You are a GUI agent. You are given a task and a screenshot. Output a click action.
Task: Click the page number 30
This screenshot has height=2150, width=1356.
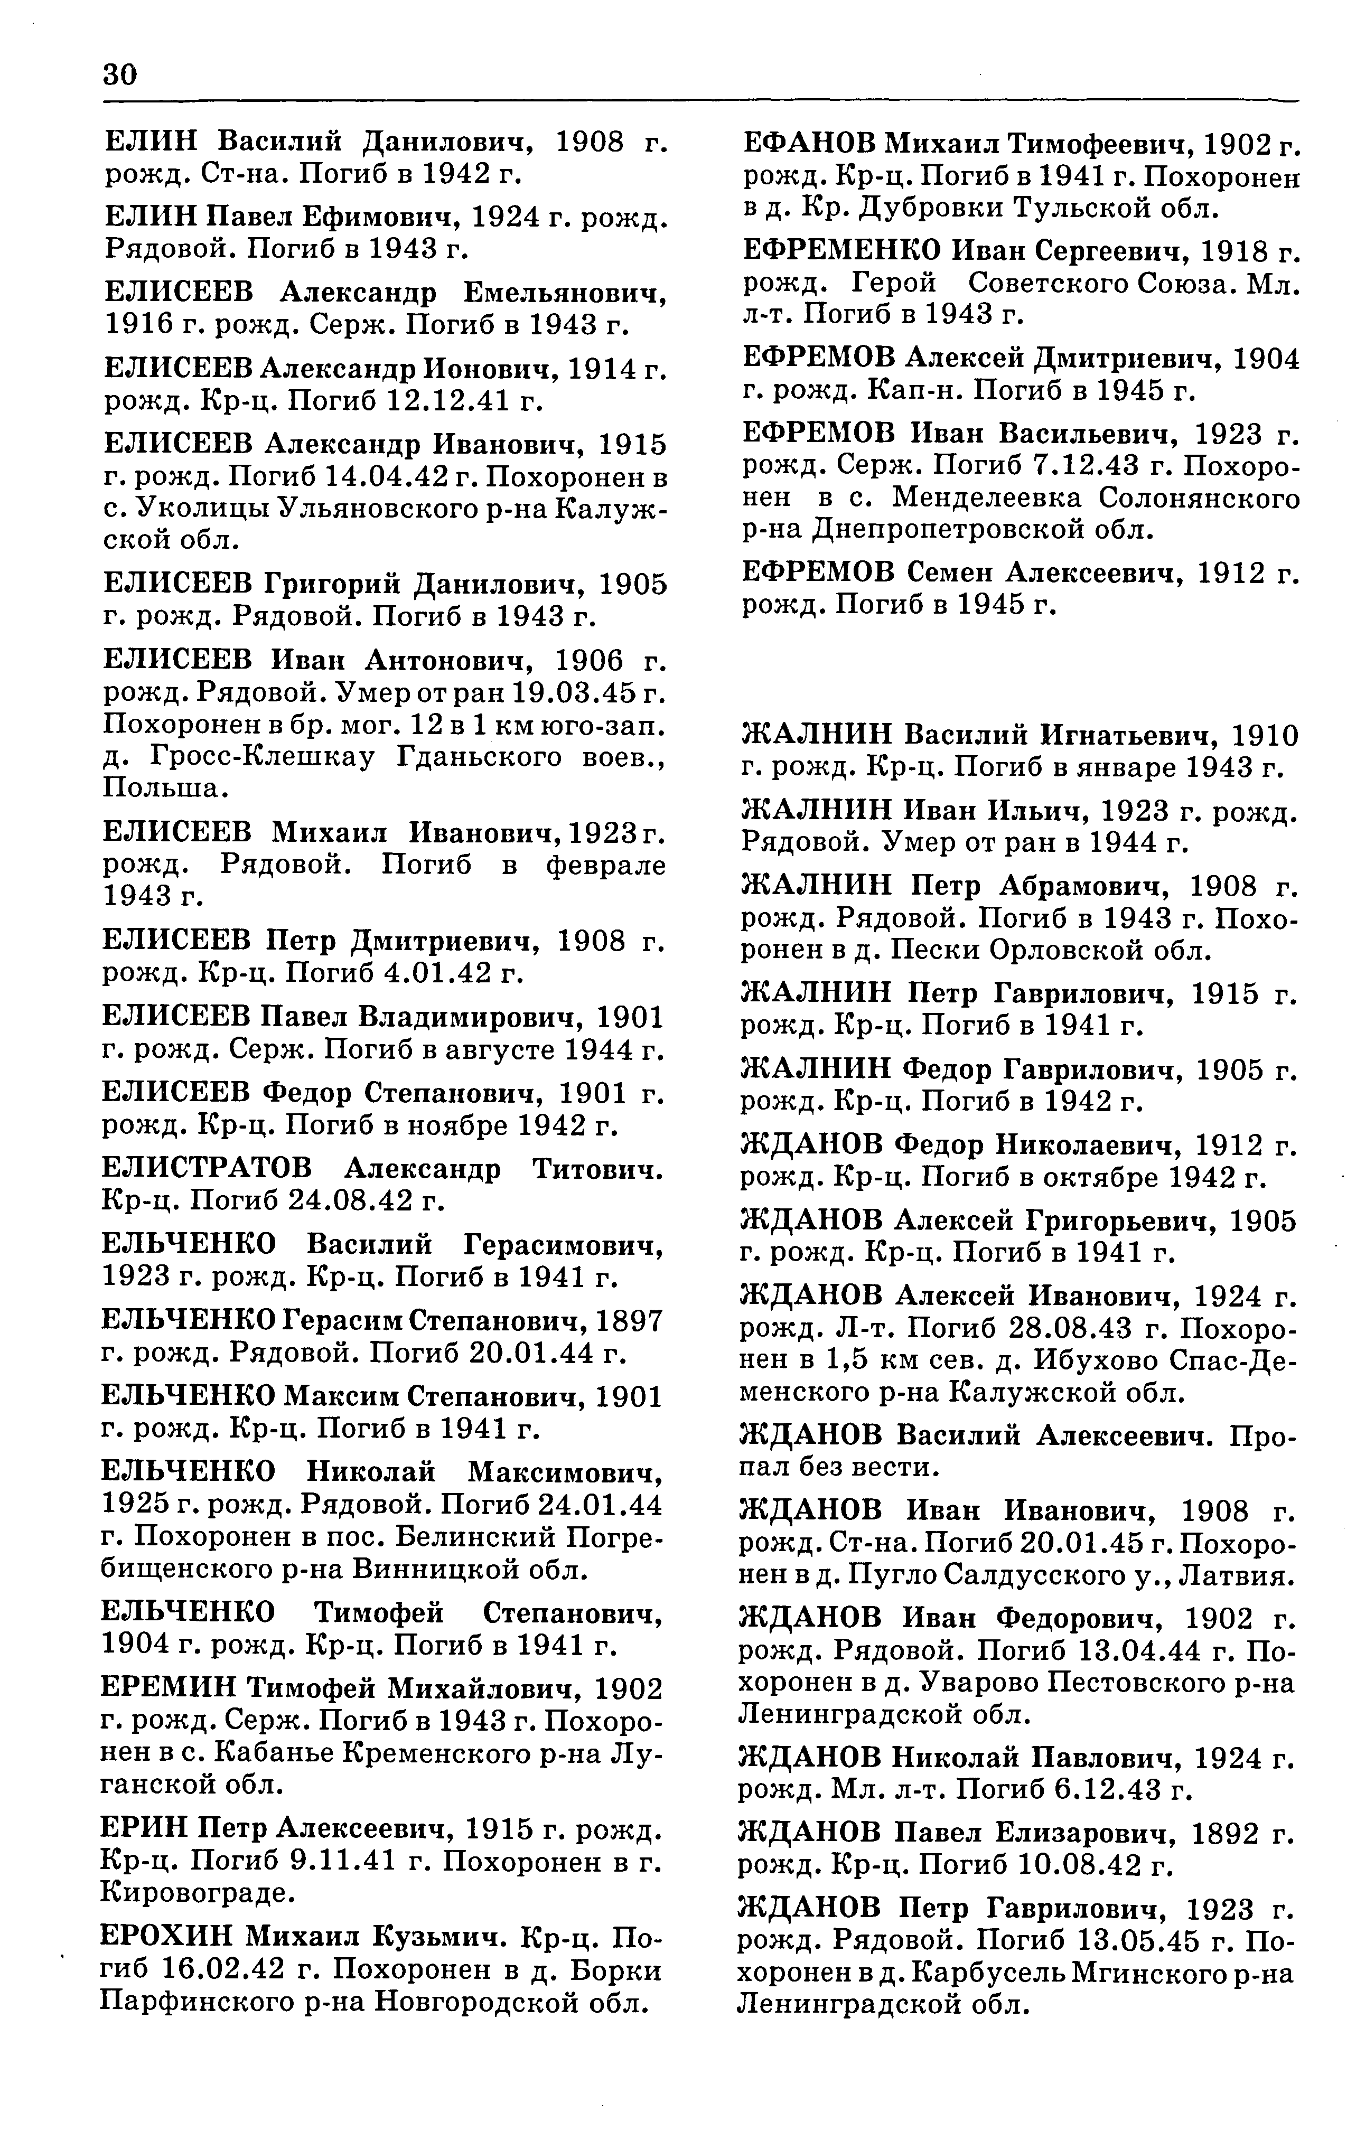pos(120,73)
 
